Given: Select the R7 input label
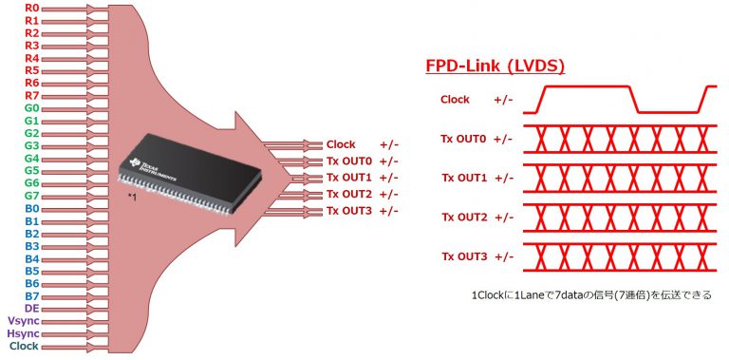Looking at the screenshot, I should tap(31, 95).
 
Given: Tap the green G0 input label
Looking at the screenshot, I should tap(31, 107).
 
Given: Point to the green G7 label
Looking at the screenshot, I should tap(31, 195).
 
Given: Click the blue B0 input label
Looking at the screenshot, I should tap(31, 208).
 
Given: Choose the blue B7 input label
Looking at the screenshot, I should tap(31, 295).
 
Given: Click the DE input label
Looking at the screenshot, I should tap(31, 309).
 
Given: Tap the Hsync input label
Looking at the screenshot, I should tap(24, 333).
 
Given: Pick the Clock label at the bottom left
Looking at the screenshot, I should tap(24, 346).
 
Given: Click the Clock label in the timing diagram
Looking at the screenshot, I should tap(455, 99).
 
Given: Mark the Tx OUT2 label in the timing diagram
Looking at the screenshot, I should tap(463, 218).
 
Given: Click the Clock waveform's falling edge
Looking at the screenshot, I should tap(633, 99).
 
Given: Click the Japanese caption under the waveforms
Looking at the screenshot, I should tap(590, 295).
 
